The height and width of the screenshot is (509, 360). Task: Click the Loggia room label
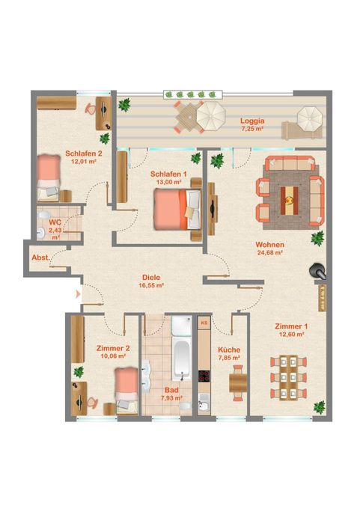click(x=252, y=121)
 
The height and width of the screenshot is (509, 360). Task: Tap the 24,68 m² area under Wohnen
click(x=270, y=252)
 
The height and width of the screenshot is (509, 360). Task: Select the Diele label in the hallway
click(x=151, y=278)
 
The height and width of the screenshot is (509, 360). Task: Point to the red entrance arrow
click(x=78, y=294)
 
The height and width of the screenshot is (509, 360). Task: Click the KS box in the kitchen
click(x=204, y=323)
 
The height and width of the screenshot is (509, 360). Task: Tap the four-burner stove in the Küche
click(x=204, y=377)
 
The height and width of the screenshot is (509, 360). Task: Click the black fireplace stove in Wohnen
click(x=317, y=271)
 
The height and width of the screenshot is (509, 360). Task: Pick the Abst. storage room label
click(x=41, y=257)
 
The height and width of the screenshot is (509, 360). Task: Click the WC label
click(x=55, y=223)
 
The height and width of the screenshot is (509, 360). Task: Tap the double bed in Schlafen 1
click(x=177, y=210)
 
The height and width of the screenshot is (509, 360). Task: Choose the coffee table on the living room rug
click(x=290, y=201)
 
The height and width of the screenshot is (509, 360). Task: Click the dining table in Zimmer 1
click(x=289, y=378)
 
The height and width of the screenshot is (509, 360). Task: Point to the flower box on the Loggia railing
click(x=193, y=94)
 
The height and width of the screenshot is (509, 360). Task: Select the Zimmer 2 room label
click(x=113, y=348)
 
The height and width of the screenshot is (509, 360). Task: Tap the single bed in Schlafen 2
click(x=49, y=178)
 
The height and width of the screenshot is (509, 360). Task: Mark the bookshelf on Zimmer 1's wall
click(x=322, y=298)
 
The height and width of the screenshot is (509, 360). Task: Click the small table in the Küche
click(x=238, y=383)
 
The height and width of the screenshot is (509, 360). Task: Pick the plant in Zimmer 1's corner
click(x=320, y=407)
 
